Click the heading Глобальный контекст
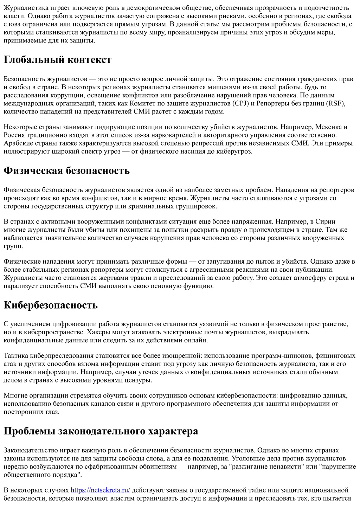57,60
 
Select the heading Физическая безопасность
66,171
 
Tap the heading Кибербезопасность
51,305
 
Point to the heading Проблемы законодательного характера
101,431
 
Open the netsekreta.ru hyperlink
100,490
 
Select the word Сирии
326,222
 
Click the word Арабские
18,143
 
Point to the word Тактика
16,356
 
